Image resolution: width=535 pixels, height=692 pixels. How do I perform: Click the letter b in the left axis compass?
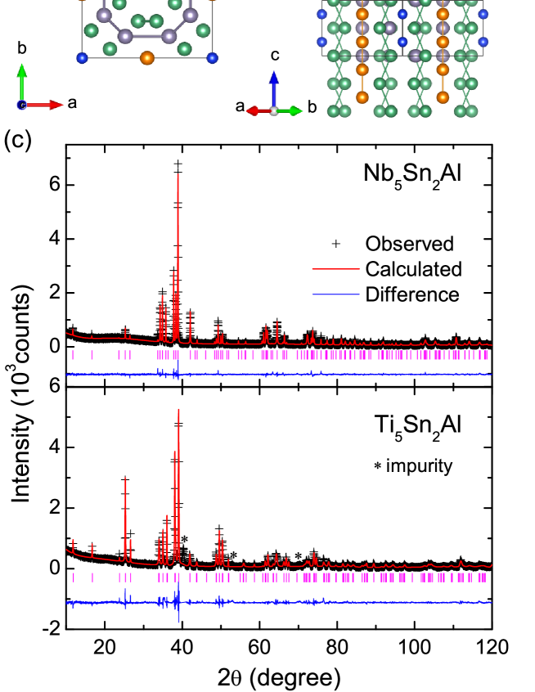(22, 48)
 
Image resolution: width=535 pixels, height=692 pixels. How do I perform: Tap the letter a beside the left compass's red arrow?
(72, 103)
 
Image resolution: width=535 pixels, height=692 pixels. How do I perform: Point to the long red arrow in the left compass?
(45, 105)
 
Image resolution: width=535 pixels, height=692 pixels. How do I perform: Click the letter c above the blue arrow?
(275, 55)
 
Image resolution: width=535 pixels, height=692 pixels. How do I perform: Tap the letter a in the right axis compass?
(240, 106)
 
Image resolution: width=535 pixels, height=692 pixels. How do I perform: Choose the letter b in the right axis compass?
(312, 107)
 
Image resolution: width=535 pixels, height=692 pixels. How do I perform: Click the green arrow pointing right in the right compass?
(290, 110)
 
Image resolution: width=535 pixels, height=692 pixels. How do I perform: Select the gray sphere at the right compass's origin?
(274, 110)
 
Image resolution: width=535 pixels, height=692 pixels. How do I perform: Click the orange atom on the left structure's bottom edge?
(147, 57)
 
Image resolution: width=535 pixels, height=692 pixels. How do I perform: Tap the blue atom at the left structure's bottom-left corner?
(82, 57)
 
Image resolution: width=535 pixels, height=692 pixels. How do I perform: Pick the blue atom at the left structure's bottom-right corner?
(213, 57)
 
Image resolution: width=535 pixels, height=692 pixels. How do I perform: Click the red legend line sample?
(335, 268)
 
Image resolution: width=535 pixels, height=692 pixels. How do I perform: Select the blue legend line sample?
(335, 294)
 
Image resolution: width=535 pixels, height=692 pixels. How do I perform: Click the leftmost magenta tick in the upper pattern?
(73, 355)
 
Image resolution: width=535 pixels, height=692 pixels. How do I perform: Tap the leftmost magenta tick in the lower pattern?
(74, 577)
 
